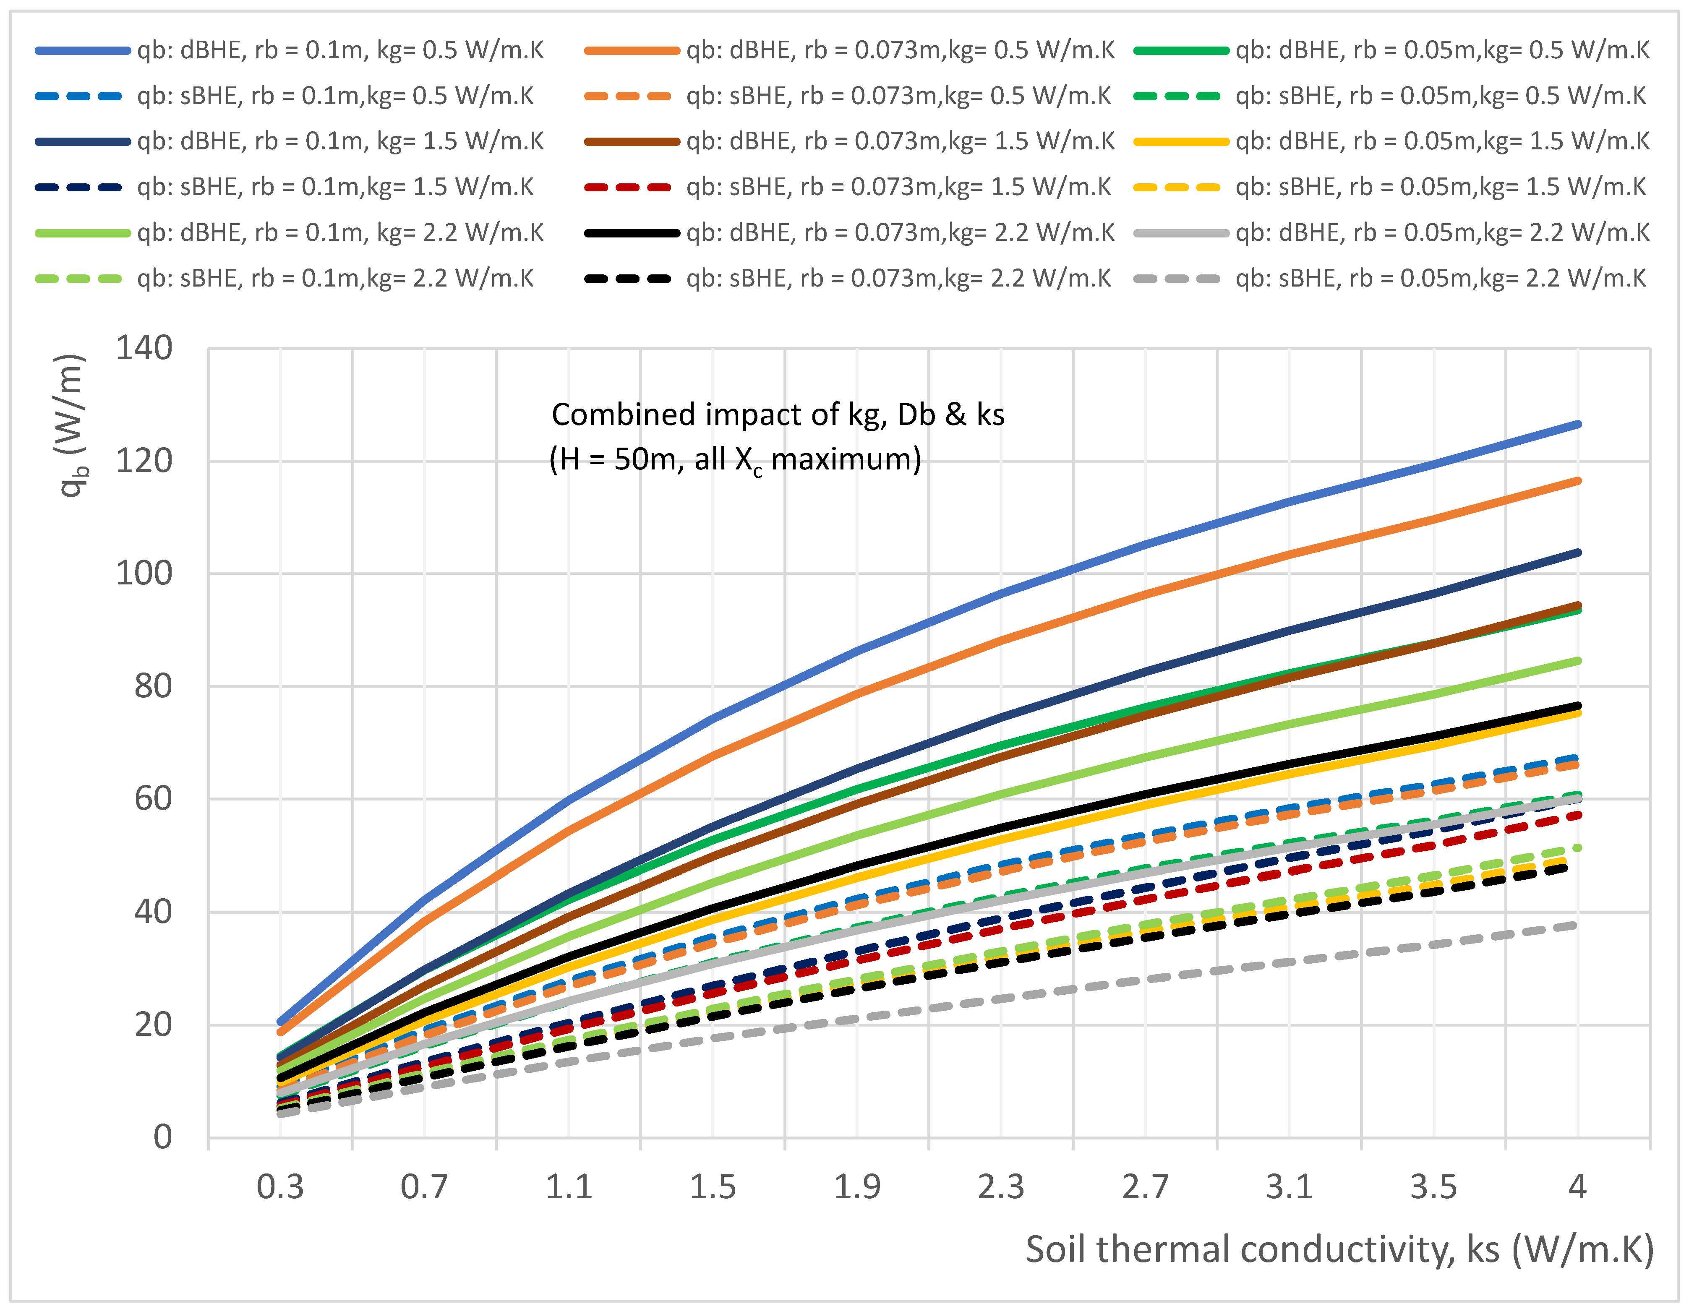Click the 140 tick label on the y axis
(144, 349)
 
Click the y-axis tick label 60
(153, 799)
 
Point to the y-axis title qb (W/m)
(71, 425)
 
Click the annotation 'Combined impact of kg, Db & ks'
(777, 415)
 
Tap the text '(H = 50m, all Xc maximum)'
(735, 459)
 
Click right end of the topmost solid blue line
(1578, 424)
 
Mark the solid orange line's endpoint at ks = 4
(1578, 481)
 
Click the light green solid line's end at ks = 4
(1578, 660)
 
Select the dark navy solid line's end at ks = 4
(1578, 552)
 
